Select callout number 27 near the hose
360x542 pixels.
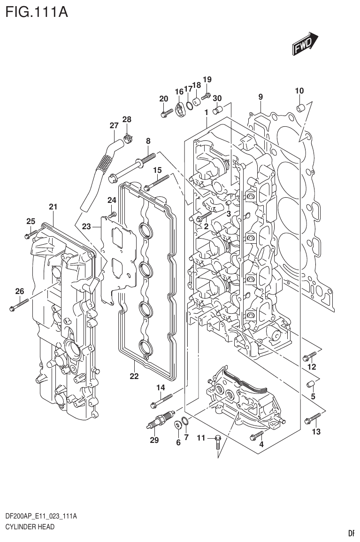pos(114,125)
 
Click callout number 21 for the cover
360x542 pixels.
pos(53,207)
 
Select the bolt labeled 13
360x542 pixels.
pos(313,418)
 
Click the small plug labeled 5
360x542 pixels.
pos(310,385)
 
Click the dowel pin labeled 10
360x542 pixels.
pos(300,109)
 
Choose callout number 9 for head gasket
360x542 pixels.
pos(260,97)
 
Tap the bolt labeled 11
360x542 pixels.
pos(217,441)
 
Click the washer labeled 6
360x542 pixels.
pos(178,426)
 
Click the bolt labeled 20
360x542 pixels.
pos(165,113)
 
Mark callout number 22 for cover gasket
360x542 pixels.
pos(134,376)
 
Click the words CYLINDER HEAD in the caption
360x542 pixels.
pos(29,527)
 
